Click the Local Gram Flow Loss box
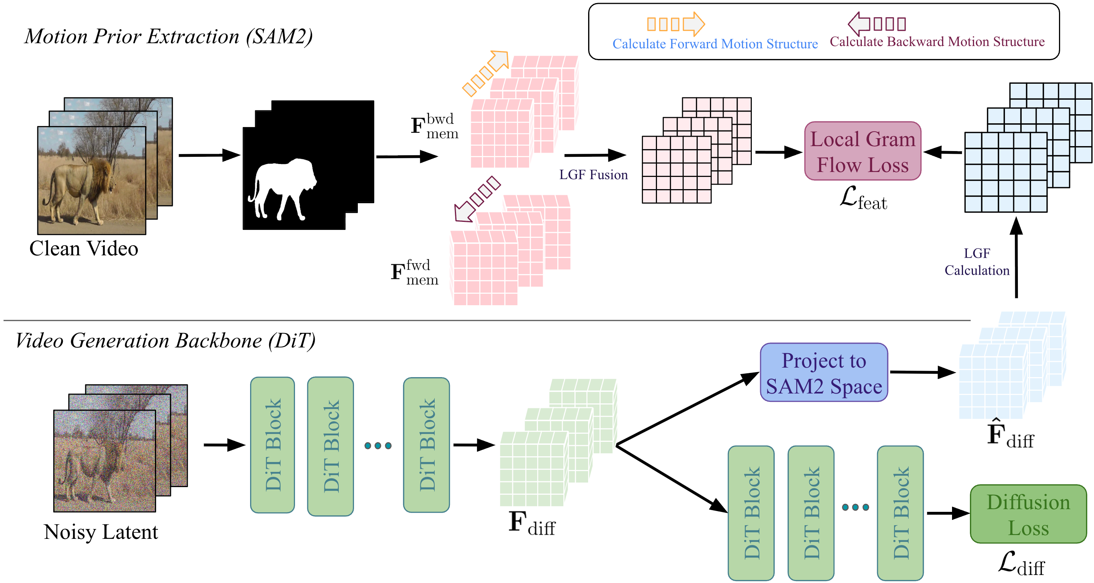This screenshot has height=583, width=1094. (862, 151)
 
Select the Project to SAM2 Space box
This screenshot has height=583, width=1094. (823, 373)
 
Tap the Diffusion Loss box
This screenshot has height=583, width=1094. (1028, 514)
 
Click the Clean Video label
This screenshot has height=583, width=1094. (84, 248)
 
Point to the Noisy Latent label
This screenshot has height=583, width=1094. (100, 532)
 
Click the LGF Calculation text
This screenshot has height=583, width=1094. (977, 262)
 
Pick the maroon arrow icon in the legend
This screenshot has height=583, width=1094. (877, 24)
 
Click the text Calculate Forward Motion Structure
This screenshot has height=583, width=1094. (715, 44)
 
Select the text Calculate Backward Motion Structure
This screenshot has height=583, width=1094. (937, 41)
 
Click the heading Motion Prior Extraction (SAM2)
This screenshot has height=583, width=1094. (168, 37)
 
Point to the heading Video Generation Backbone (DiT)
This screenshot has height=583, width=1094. (165, 341)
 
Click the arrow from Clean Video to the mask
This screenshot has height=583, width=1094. (209, 155)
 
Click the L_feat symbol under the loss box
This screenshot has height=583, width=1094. (863, 199)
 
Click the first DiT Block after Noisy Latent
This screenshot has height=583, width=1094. (272, 445)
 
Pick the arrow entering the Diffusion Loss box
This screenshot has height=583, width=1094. (947, 513)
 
